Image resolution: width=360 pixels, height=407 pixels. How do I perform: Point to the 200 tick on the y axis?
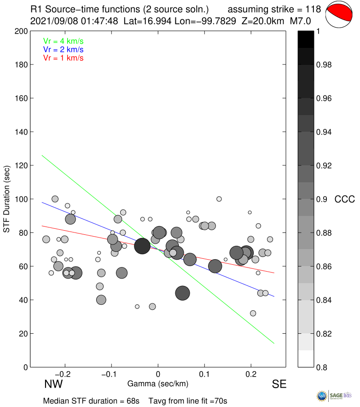[x=22, y=31]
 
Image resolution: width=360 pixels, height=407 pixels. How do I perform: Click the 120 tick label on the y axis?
[x=22, y=165]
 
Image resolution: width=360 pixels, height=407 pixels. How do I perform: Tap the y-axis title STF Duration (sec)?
[x=7, y=199]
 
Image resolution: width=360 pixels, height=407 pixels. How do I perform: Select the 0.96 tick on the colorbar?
[x=325, y=99]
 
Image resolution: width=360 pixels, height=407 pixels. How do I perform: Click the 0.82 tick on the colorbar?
[x=325, y=334]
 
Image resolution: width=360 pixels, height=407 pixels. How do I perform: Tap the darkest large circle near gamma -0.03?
[x=142, y=246]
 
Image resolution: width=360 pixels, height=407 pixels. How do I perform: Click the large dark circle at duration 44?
[x=183, y=293]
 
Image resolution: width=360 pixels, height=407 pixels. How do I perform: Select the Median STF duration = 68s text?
[x=91, y=401]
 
